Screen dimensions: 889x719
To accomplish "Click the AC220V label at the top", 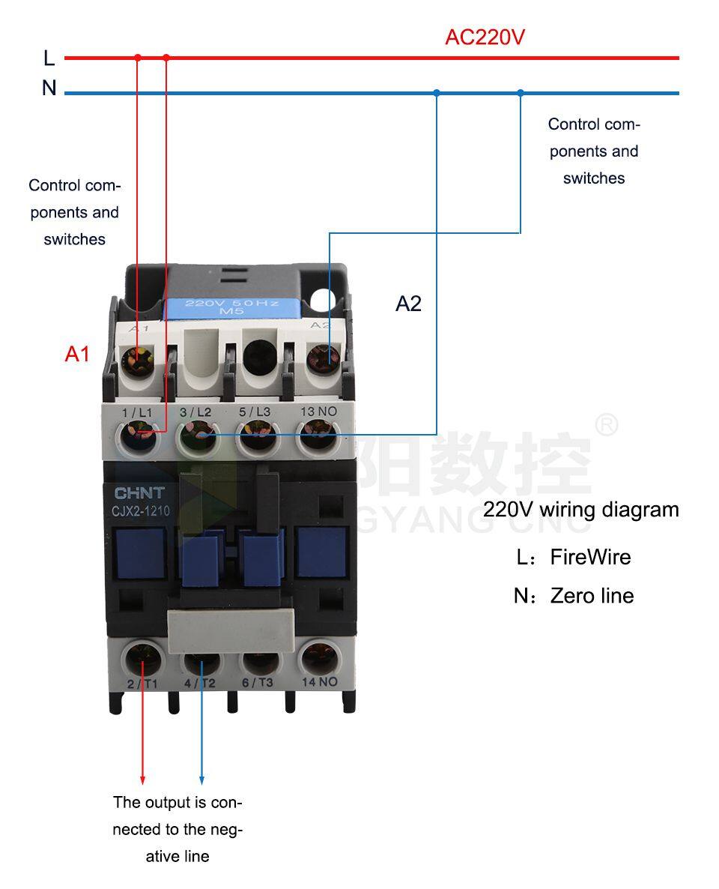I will tap(485, 37).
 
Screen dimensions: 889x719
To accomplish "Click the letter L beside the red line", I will tap(49, 58).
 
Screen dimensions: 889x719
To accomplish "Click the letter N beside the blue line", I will tap(49, 88).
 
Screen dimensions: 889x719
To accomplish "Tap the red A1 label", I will tap(77, 354).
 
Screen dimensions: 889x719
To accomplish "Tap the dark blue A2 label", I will tap(408, 304).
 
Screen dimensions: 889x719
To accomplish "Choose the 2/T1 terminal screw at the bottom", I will tap(142, 660).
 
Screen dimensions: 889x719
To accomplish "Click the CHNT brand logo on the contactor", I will tap(138, 493).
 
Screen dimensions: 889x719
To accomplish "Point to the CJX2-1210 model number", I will tap(142, 512).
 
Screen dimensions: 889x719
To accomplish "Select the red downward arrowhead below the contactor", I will tap(143, 780).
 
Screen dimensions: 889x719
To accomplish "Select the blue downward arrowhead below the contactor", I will tap(201, 780).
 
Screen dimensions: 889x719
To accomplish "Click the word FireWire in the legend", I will tap(590, 557).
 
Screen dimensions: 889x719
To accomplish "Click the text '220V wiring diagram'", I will tap(580, 510).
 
